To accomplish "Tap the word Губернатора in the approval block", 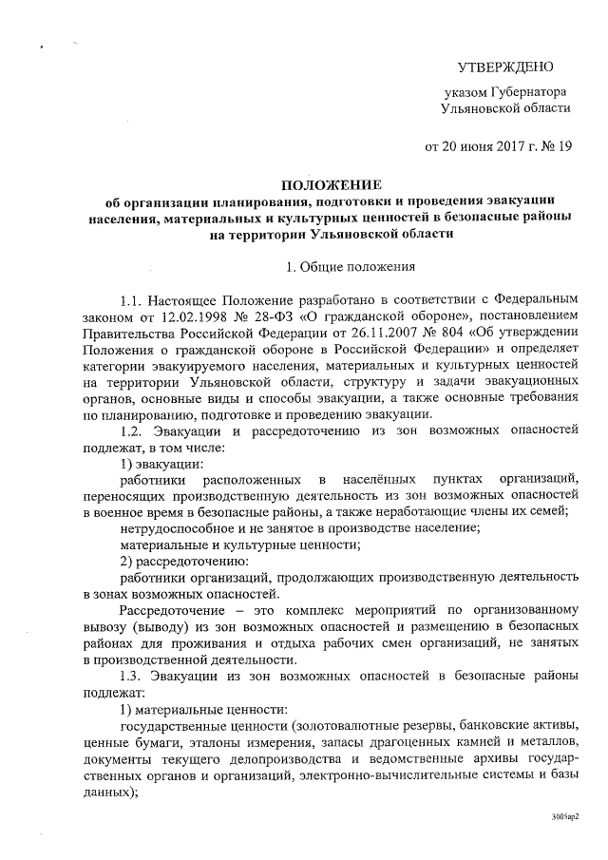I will [526, 92].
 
